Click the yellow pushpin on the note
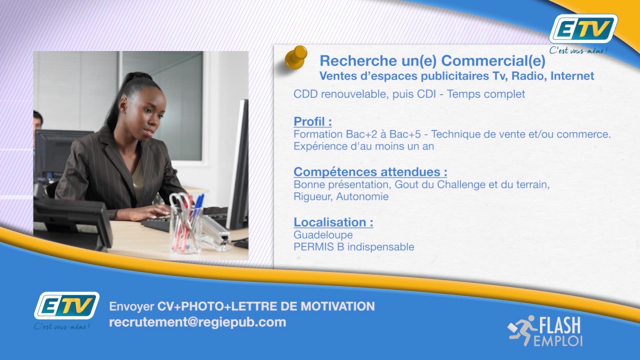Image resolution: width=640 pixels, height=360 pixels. pyautogui.click(x=296, y=57)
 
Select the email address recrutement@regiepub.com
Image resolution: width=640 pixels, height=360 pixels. pyautogui.click(x=197, y=322)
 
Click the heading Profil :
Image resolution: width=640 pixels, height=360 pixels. pyautogui.click(x=312, y=121)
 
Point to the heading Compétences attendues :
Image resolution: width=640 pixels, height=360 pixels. pyautogui.click(x=370, y=171)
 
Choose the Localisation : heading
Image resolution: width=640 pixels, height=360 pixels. pyautogui.click(x=333, y=222)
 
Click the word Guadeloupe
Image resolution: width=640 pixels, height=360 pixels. pyautogui.click(x=323, y=235)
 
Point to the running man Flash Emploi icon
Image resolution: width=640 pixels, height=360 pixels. pyautogui.click(x=521, y=330)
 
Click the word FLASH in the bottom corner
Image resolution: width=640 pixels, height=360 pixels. pyautogui.click(x=559, y=325)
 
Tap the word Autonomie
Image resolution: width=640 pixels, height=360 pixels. pyautogui.click(x=362, y=196)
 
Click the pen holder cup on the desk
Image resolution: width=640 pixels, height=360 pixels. pyautogui.click(x=185, y=228)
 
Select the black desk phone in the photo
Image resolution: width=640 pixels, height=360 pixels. pyautogui.click(x=72, y=222)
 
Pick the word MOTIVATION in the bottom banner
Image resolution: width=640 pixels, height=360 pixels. pyautogui.click(x=337, y=306)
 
